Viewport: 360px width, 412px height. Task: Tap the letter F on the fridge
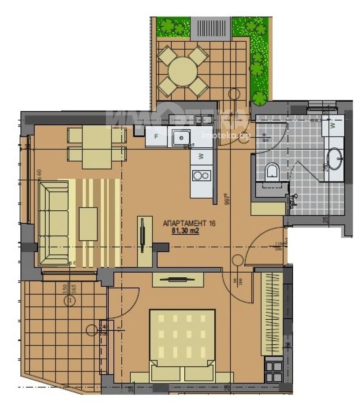click(x=156, y=136)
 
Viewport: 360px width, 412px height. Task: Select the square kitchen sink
click(x=181, y=137)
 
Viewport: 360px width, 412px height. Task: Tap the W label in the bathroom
click(x=333, y=126)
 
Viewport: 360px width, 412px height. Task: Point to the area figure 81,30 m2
click(x=186, y=232)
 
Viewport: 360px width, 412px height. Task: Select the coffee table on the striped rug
click(x=88, y=218)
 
